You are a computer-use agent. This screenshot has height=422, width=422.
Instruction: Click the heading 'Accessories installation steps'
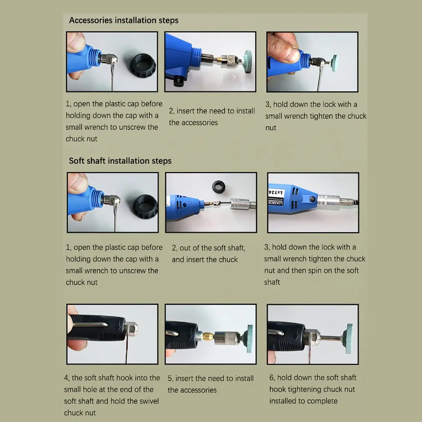click(124, 20)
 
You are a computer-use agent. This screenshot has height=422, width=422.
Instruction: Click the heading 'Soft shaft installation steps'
click(120, 161)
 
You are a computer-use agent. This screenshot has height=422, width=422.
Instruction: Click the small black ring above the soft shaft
click(219, 186)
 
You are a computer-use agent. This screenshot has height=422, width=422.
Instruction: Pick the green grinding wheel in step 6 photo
click(348, 338)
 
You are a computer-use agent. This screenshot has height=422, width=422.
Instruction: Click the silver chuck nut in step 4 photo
click(131, 328)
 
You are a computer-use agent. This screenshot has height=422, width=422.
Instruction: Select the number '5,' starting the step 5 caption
click(170, 379)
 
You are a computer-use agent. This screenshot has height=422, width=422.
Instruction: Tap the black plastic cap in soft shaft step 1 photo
click(145, 206)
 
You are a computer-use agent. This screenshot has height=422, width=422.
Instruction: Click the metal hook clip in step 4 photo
click(91, 325)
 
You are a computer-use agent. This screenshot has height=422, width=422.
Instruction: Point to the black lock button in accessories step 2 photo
click(178, 81)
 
